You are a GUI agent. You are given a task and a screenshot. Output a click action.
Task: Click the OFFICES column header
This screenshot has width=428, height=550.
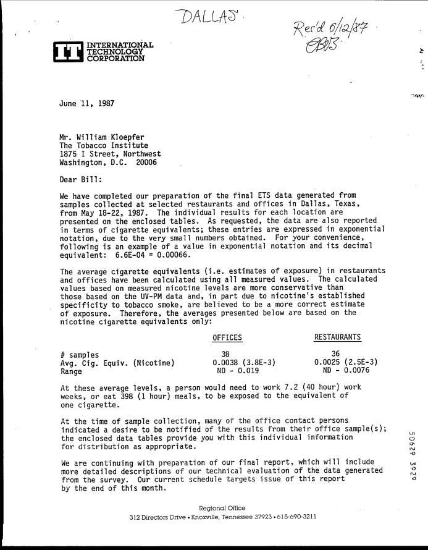click(x=227, y=337)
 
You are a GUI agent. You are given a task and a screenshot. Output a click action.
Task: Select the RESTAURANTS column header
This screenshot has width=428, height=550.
click(x=338, y=337)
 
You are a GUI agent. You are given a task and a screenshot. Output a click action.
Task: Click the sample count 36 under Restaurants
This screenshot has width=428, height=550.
click(x=336, y=354)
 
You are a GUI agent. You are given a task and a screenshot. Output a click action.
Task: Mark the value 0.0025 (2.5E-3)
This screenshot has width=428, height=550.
click(x=346, y=363)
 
